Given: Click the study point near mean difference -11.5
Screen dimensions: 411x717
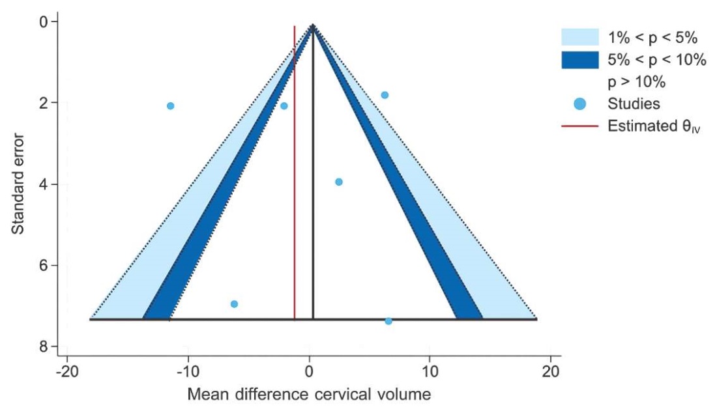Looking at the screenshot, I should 170,106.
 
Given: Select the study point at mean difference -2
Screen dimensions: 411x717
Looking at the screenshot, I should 284,106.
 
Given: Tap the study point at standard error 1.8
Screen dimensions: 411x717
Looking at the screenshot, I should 385,95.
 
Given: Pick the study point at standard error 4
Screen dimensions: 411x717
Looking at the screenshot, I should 339,182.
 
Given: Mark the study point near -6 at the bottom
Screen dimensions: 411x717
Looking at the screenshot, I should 234,304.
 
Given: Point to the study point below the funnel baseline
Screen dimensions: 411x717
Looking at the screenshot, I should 388,321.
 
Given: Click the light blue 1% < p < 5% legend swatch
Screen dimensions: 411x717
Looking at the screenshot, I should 579,36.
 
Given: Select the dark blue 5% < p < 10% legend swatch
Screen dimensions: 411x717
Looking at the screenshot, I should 579,60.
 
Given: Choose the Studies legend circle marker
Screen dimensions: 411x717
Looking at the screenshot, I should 579,104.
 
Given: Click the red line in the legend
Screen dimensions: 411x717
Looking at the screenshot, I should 579,126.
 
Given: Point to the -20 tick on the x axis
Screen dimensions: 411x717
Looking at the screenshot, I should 67,357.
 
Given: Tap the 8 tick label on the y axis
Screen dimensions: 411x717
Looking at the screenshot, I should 44,347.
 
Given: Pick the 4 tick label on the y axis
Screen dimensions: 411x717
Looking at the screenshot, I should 44,184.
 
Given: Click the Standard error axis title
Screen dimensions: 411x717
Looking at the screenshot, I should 19,184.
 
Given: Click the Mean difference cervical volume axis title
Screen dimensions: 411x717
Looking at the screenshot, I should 309,394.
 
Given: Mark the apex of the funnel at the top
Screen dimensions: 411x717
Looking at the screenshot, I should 313,26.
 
